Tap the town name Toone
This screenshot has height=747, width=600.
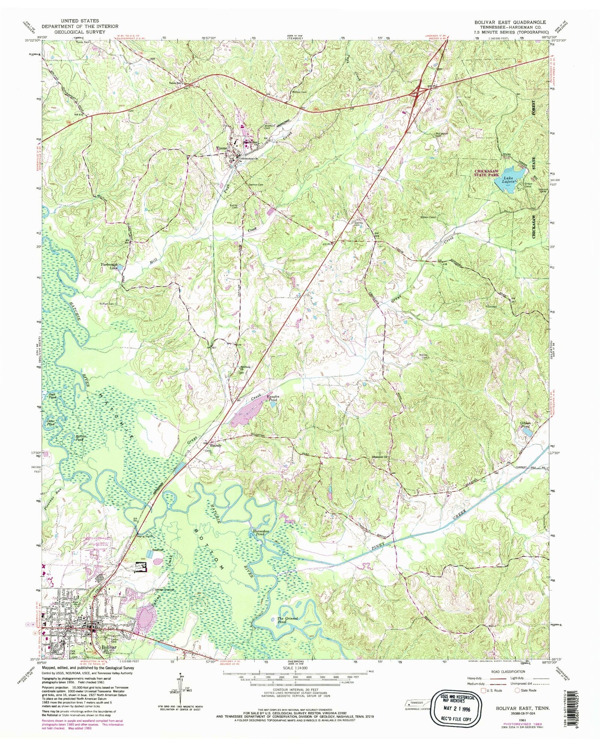point(222,148)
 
